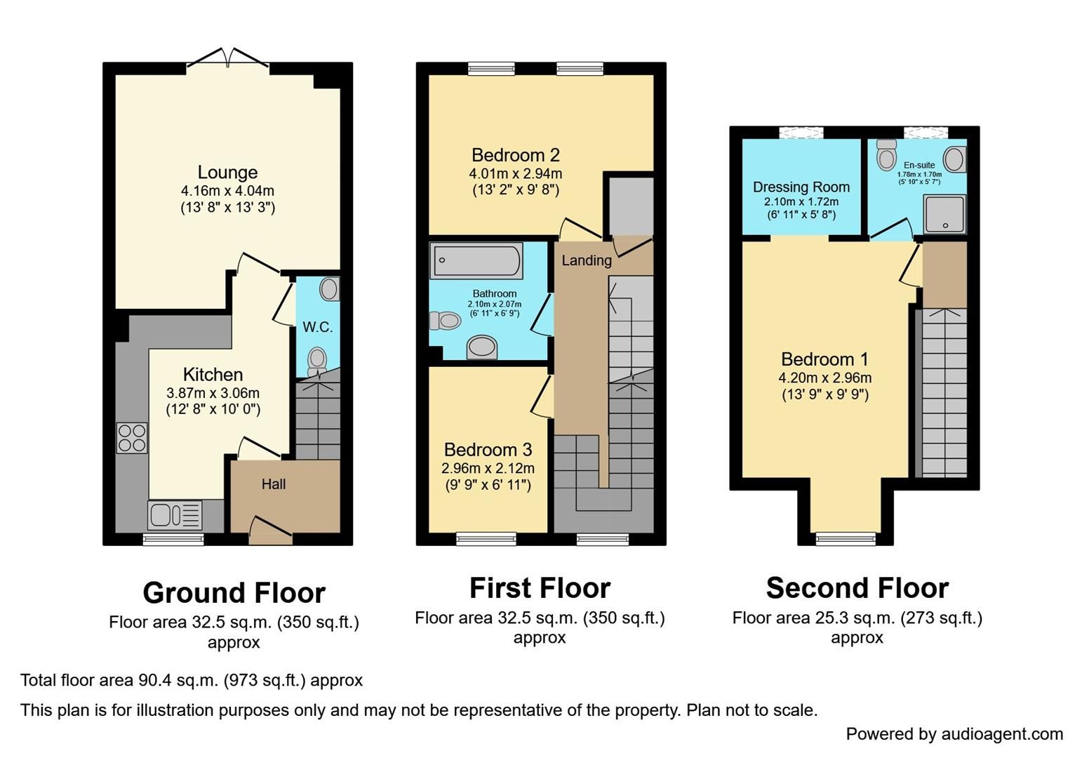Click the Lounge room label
(x=227, y=172)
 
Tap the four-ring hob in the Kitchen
(x=132, y=438)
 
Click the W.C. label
(x=317, y=327)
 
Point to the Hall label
(x=274, y=484)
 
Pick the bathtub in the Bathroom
(x=476, y=260)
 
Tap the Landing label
(x=587, y=260)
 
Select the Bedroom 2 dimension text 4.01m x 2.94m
(x=515, y=173)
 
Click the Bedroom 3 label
(x=488, y=449)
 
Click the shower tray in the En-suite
(x=945, y=213)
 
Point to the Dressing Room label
(x=801, y=187)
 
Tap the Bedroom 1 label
(x=824, y=359)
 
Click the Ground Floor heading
(x=234, y=593)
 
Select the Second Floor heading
(x=857, y=588)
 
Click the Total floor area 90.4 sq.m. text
(x=192, y=680)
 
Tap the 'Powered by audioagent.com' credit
(x=954, y=734)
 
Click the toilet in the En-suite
(x=887, y=155)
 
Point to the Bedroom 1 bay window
(x=846, y=538)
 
